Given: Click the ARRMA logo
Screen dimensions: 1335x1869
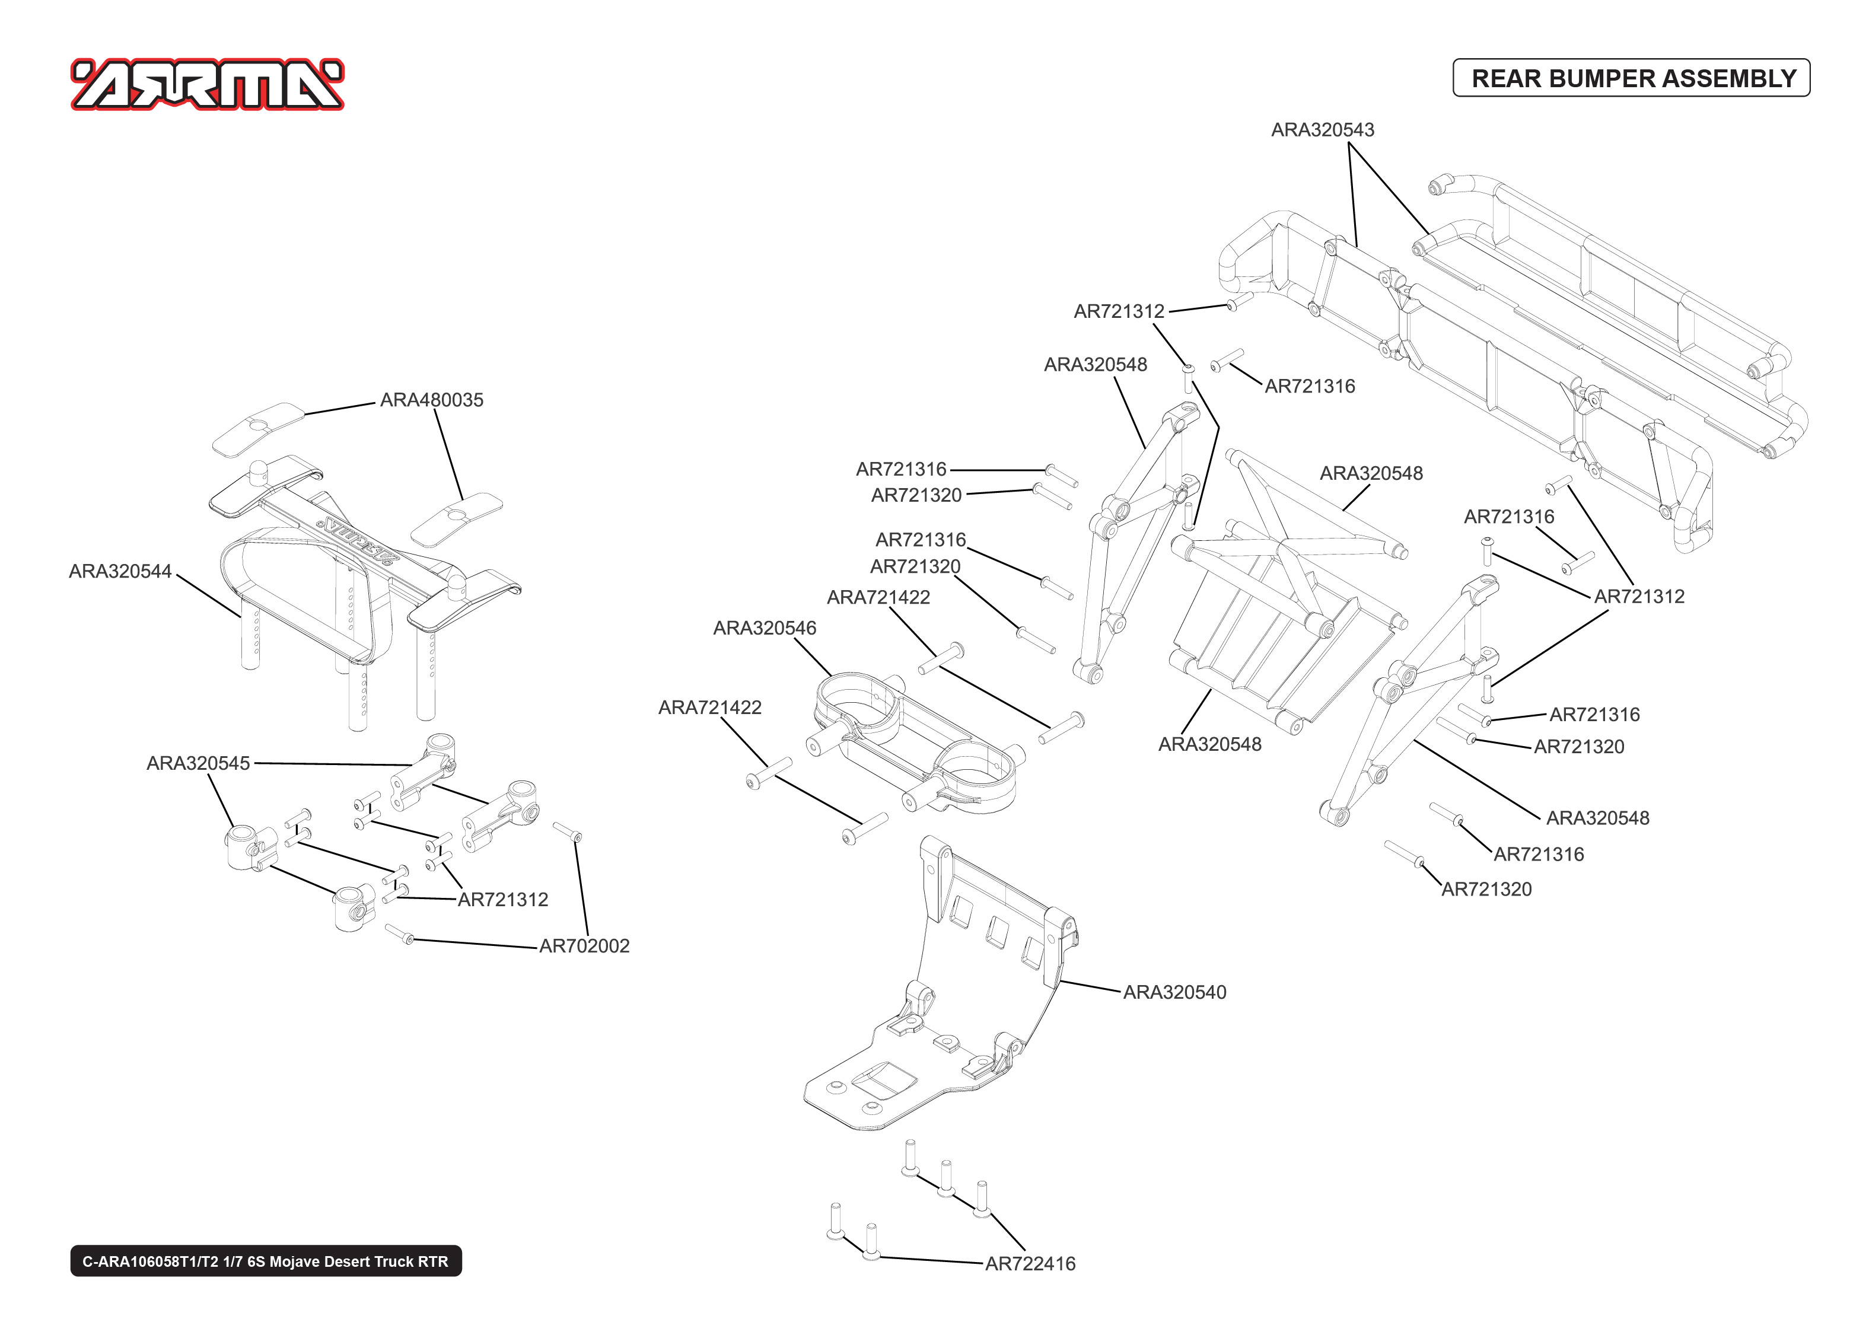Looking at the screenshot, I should (x=207, y=84).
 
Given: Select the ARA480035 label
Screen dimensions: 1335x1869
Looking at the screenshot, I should (x=431, y=400).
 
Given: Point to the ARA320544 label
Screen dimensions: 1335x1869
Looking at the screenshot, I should (x=120, y=571).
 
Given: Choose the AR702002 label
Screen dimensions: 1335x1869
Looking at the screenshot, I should (x=584, y=946).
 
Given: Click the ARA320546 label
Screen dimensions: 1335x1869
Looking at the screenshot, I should (x=765, y=628).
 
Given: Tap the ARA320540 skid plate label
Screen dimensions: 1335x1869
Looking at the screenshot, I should (x=1174, y=992).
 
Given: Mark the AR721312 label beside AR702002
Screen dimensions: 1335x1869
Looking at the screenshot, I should (x=502, y=900).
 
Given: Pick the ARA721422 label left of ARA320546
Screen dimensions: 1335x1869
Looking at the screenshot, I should (x=709, y=708).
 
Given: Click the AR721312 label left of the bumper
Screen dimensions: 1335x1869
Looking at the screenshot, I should (x=1119, y=311).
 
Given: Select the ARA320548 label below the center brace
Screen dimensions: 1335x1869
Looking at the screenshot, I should (x=1209, y=745).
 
